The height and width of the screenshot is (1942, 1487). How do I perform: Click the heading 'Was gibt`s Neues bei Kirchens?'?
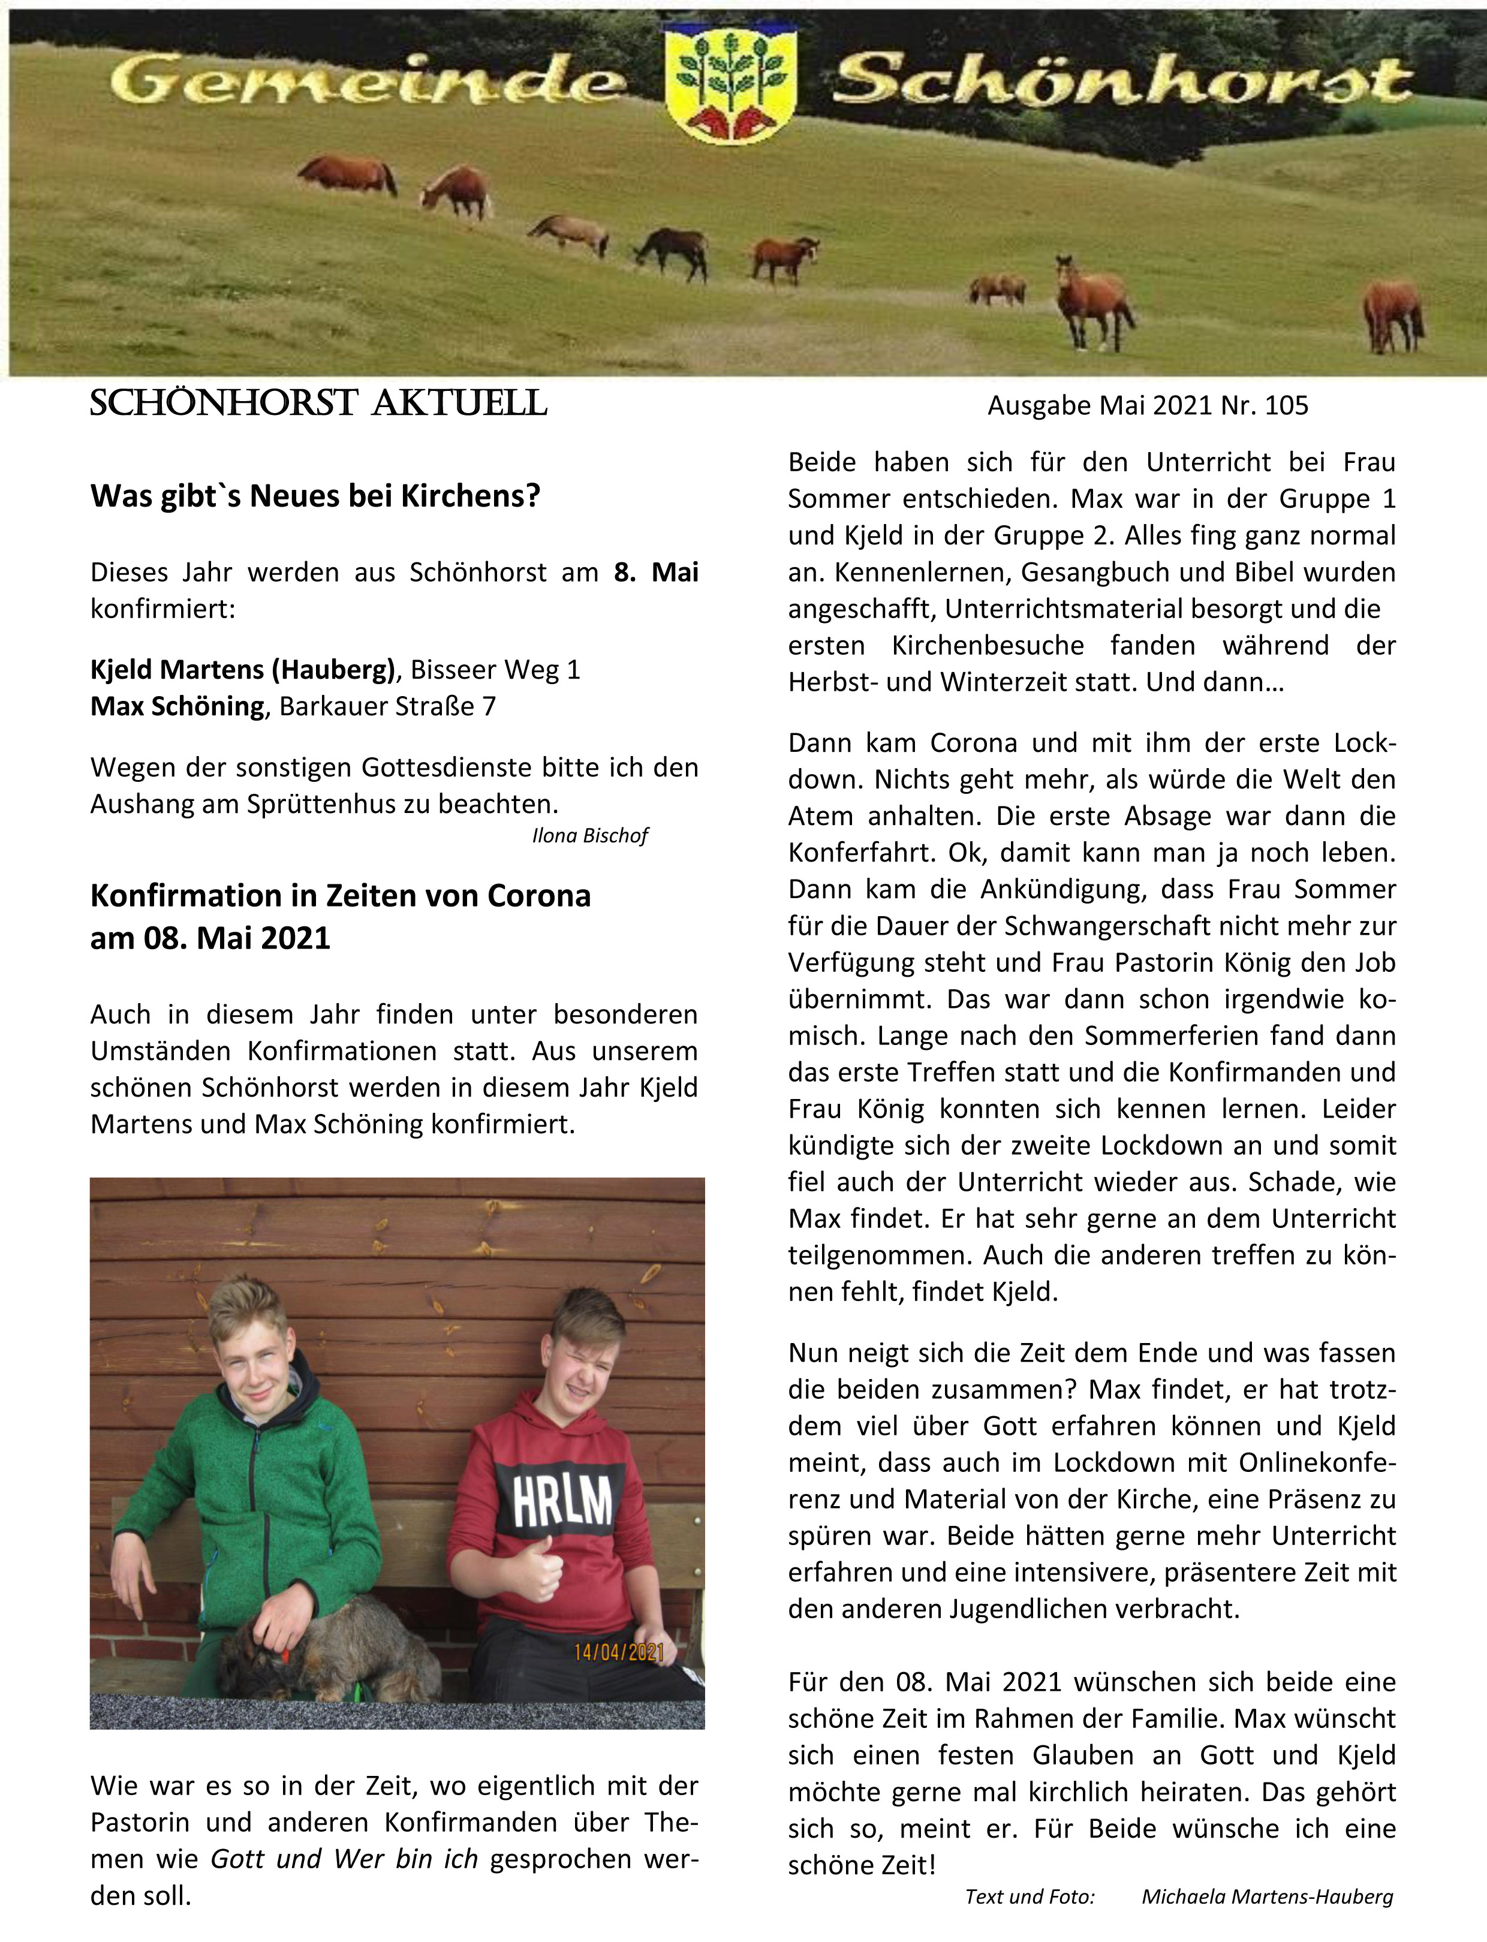[x=315, y=496]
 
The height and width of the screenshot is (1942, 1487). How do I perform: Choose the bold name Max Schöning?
[x=177, y=706]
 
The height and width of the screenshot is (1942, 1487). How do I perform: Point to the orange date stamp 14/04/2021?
[x=619, y=1652]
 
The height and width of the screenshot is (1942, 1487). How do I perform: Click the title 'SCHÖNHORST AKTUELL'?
[x=318, y=404]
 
